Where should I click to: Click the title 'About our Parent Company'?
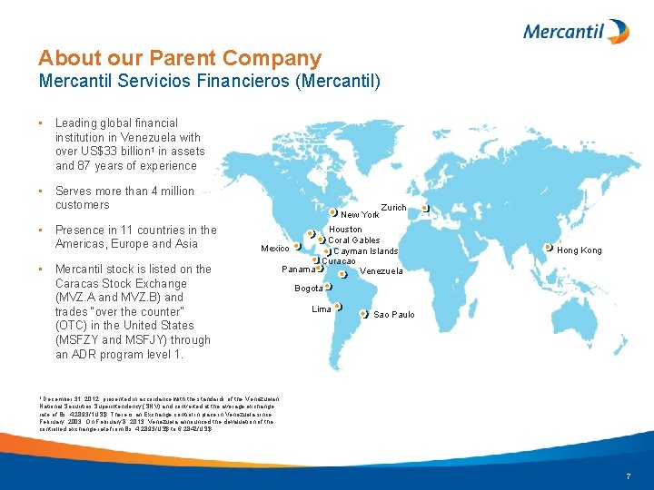[x=180, y=59]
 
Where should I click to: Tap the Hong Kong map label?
[x=579, y=250]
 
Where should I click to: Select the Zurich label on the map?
[x=393, y=208]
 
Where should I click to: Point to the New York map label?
[x=360, y=215]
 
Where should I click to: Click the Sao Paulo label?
[x=394, y=315]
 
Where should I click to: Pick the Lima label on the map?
[x=322, y=309]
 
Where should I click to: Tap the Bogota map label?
[x=308, y=289]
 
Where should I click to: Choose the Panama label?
[x=299, y=269]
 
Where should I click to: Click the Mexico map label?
[x=275, y=249]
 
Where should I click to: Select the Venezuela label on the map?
[x=381, y=271]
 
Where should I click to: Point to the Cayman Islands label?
[x=366, y=251]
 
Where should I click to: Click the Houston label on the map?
[x=345, y=230]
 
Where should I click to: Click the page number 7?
[x=628, y=477]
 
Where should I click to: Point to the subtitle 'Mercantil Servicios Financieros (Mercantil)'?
[x=209, y=82]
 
